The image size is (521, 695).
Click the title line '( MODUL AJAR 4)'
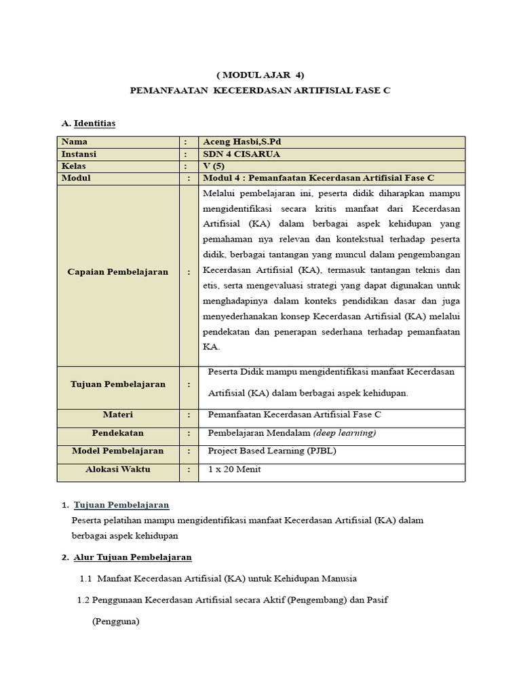[260, 75]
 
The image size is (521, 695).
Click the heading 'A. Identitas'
[88, 124]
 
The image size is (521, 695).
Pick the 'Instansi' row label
[79, 154]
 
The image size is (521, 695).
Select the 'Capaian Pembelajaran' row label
[118, 271]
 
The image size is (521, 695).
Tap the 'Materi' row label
[118, 415]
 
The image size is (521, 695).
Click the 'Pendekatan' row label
[118, 433]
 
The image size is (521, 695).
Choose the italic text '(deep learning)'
[345, 433]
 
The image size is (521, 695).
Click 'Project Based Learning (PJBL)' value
[272, 451]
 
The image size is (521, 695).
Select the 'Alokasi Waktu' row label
[118, 470]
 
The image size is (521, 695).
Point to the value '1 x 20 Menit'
[234, 470]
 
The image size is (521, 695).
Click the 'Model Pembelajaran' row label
[118, 451]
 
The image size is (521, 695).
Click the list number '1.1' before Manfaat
[85, 578]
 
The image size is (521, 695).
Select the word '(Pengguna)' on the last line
[115, 621]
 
